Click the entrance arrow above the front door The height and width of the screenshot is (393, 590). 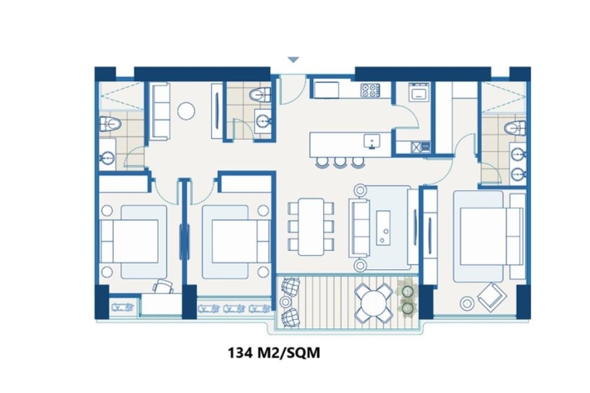[293, 60]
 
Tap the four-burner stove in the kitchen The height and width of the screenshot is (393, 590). [371, 91]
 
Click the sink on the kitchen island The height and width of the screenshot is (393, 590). [372, 141]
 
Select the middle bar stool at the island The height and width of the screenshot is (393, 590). [340, 162]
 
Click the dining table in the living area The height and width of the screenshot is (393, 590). [311, 227]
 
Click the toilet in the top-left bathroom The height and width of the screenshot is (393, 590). [110, 124]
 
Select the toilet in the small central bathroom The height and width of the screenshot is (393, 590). [260, 95]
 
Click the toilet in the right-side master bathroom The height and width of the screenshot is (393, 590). [515, 129]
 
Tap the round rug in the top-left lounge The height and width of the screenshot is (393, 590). [186, 111]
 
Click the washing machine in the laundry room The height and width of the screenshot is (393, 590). [419, 91]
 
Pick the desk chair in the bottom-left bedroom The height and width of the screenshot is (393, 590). [164, 286]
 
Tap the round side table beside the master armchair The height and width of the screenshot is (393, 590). [467, 302]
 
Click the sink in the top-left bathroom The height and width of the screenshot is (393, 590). [107, 159]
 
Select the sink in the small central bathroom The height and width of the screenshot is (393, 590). [263, 120]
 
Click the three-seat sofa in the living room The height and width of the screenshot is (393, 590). [359, 228]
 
